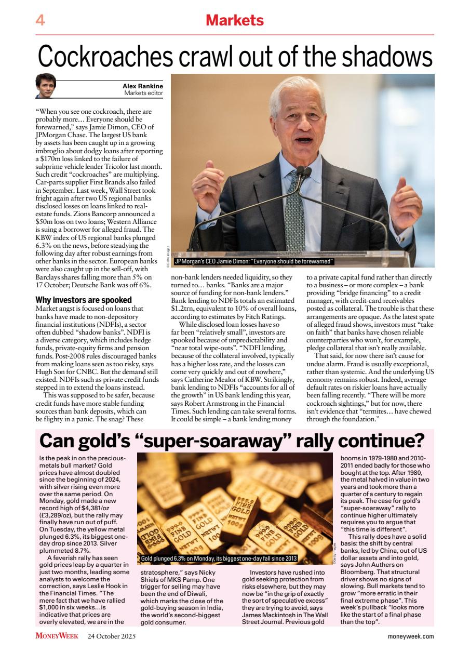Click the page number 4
tap(40, 21)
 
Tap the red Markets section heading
tap(235, 21)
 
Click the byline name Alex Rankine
tap(142, 86)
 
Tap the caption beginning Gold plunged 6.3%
tap(219, 558)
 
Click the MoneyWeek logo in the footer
tap(57, 636)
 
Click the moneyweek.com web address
tap(410, 636)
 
